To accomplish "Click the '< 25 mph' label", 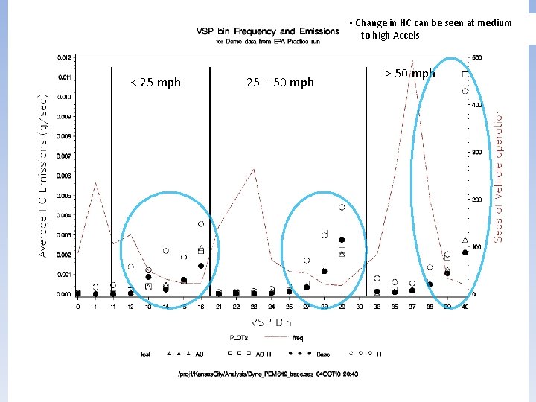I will (x=155, y=83).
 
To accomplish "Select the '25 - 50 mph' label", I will (x=280, y=83).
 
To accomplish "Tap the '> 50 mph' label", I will (x=409, y=74).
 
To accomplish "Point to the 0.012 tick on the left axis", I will (x=65, y=57).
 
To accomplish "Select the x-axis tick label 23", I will (x=254, y=307).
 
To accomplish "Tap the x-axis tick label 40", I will (x=465, y=307).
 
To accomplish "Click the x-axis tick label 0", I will (x=77, y=307).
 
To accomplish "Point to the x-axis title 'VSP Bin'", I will (x=271, y=322).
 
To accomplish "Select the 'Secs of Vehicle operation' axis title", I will (x=498, y=176).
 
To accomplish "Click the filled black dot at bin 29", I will (x=342, y=240).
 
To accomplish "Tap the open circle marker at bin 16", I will (x=201, y=224).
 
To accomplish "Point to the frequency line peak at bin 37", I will (x=412, y=61).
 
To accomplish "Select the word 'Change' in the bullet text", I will (x=372, y=23).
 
